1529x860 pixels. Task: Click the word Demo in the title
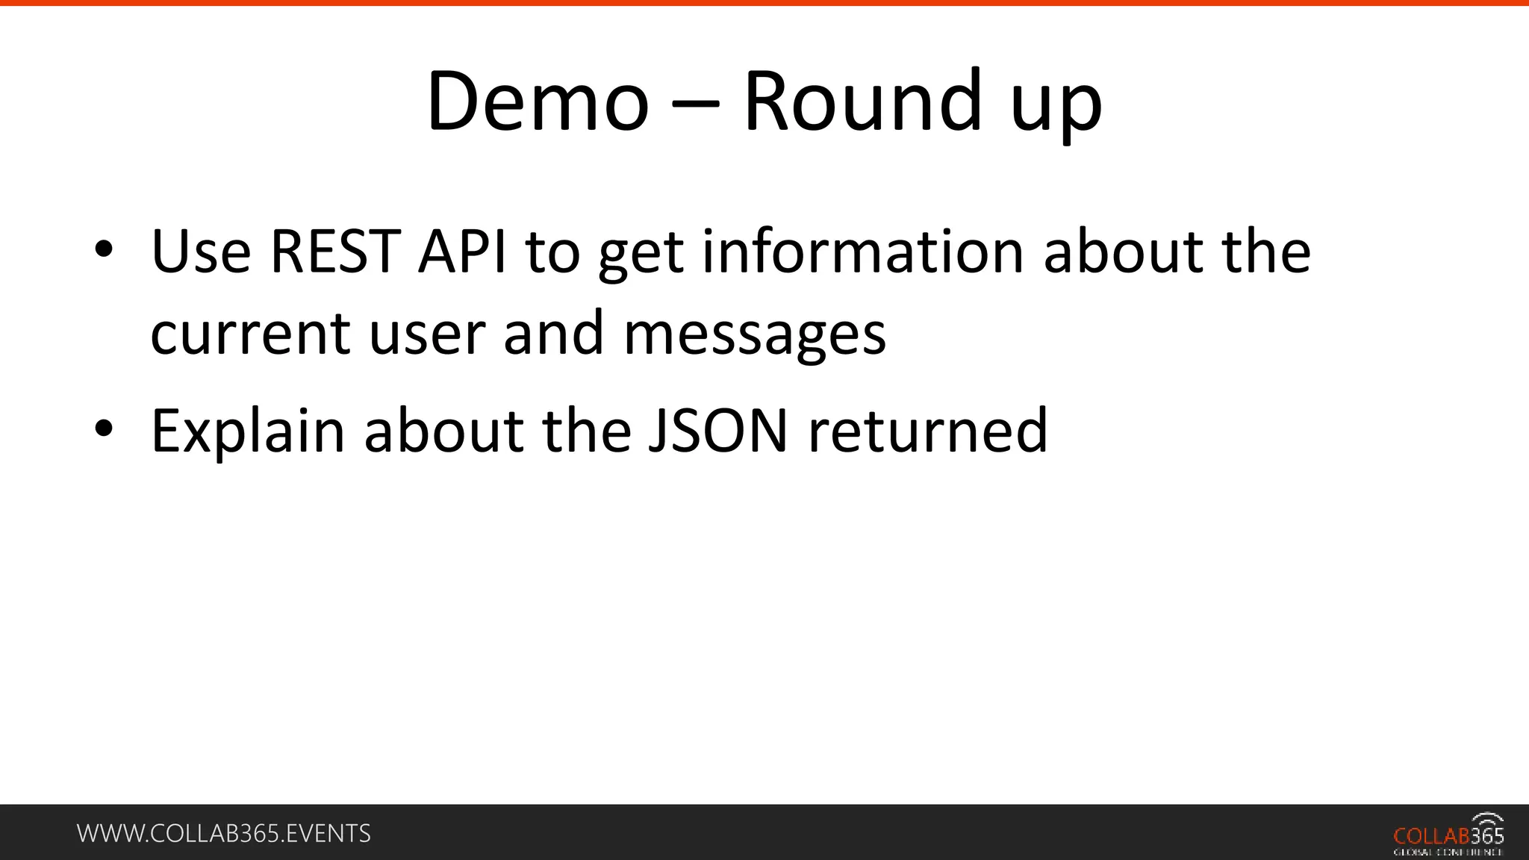pyautogui.click(x=537, y=102)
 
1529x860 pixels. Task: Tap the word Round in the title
pyautogui.click(x=862, y=102)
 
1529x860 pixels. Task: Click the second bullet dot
pyautogui.click(x=104, y=429)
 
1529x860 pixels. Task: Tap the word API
pyautogui.click(x=462, y=252)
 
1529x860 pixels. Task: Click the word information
pyautogui.click(x=863, y=252)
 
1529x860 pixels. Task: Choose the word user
pyautogui.click(x=427, y=334)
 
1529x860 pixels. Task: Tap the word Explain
pyautogui.click(x=247, y=431)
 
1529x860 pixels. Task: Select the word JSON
pyautogui.click(x=717, y=431)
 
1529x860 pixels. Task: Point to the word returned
pyautogui.click(x=927, y=431)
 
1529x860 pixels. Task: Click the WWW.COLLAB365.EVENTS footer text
pyautogui.click(x=224, y=833)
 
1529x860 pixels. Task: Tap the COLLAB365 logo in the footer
pyautogui.click(x=1448, y=834)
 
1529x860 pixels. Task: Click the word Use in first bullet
pyautogui.click(x=201, y=252)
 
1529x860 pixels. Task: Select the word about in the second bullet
pyautogui.click(x=443, y=431)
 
